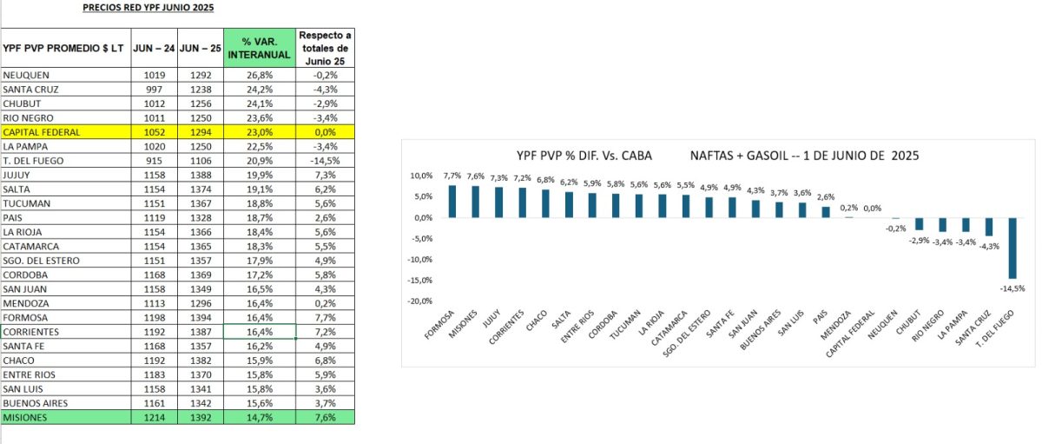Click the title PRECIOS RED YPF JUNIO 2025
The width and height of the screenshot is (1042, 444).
click(x=148, y=8)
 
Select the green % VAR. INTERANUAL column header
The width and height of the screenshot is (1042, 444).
click(x=260, y=49)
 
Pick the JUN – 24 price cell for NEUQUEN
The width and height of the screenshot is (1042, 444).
click(x=154, y=75)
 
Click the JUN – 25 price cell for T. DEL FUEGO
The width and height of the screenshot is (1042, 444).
click(x=201, y=161)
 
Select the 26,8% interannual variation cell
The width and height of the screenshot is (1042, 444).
click(x=260, y=75)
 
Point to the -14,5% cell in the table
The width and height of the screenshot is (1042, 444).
click(x=326, y=161)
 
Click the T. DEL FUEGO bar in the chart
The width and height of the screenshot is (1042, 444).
click(x=1012, y=247)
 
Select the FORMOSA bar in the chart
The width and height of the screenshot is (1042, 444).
click(x=452, y=202)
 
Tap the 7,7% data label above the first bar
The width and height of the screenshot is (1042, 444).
click(x=452, y=176)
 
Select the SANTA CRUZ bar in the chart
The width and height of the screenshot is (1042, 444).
click(x=987, y=227)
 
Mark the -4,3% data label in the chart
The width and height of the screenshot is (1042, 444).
click(x=987, y=246)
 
